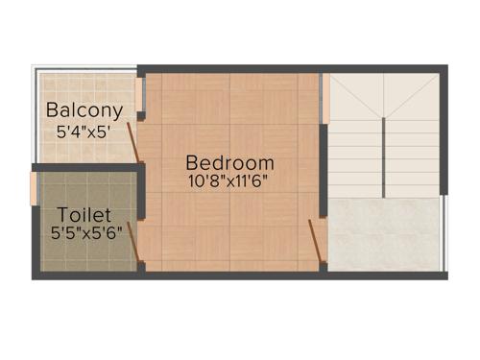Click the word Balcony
[x=84, y=109]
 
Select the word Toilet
[x=84, y=214]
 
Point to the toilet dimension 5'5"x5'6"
[x=84, y=232]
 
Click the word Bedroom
[x=230, y=162]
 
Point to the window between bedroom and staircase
[x=324, y=96]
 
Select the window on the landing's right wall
[x=443, y=230]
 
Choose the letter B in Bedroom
[x=192, y=162]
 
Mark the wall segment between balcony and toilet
[x=86, y=168]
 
